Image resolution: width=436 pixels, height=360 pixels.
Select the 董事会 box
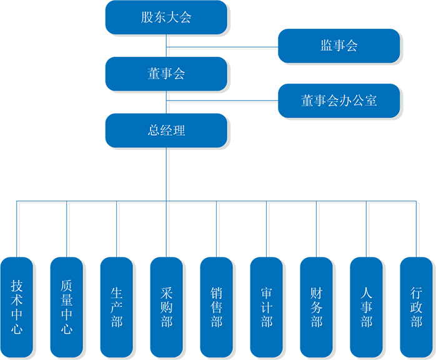[166, 74]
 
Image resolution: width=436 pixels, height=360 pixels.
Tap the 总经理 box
[166, 131]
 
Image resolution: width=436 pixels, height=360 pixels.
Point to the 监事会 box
[339, 46]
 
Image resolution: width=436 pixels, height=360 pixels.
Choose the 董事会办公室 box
[339, 101]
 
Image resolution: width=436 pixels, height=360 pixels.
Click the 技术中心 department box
[17, 306]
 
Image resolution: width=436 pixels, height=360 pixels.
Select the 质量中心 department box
[67, 306]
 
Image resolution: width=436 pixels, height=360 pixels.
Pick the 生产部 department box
[117, 306]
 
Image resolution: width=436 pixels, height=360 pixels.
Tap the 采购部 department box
[167, 306]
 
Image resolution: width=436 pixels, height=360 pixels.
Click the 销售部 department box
[217, 306]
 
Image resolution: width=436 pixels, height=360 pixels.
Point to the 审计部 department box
[267, 306]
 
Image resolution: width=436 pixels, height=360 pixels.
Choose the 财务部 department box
[317, 306]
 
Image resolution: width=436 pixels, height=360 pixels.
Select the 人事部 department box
[367, 306]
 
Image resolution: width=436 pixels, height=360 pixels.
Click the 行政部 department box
[417, 306]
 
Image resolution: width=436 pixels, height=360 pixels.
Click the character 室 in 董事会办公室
[370, 101]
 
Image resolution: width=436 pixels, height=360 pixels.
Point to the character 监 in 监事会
[326, 46]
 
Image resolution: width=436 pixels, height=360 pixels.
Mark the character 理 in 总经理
[179, 131]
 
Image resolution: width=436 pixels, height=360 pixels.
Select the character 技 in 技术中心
[17, 286]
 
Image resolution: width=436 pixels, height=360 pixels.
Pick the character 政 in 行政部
[417, 306]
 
